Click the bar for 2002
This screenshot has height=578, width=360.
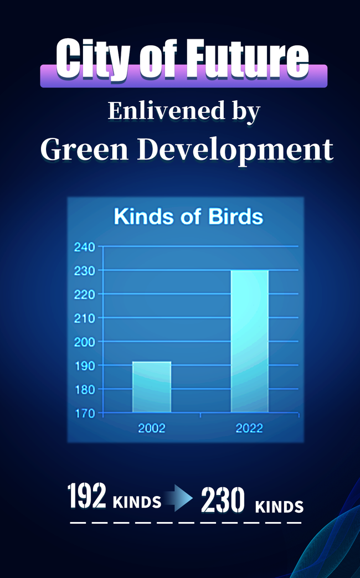[x=152, y=386]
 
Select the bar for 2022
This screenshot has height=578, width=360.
[x=250, y=341]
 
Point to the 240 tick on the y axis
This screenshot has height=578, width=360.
[x=85, y=247]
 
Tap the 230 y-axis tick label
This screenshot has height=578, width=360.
[x=85, y=271]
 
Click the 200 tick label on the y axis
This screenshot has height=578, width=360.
[x=85, y=342]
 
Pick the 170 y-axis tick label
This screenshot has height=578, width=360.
[x=85, y=413]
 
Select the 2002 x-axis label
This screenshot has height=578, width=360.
[x=152, y=429]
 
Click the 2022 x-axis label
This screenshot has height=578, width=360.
[x=249, y=429]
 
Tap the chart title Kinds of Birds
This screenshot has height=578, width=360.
[x=188, y=216]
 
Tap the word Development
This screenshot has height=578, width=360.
[x=235, y=151]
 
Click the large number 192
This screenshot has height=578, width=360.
[x=87, y=496]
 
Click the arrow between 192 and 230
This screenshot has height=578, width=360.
[x=178, y=499]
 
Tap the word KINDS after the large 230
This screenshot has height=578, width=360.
[x=279, y=507]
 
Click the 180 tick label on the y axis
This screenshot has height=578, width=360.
[x=85, y=389]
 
